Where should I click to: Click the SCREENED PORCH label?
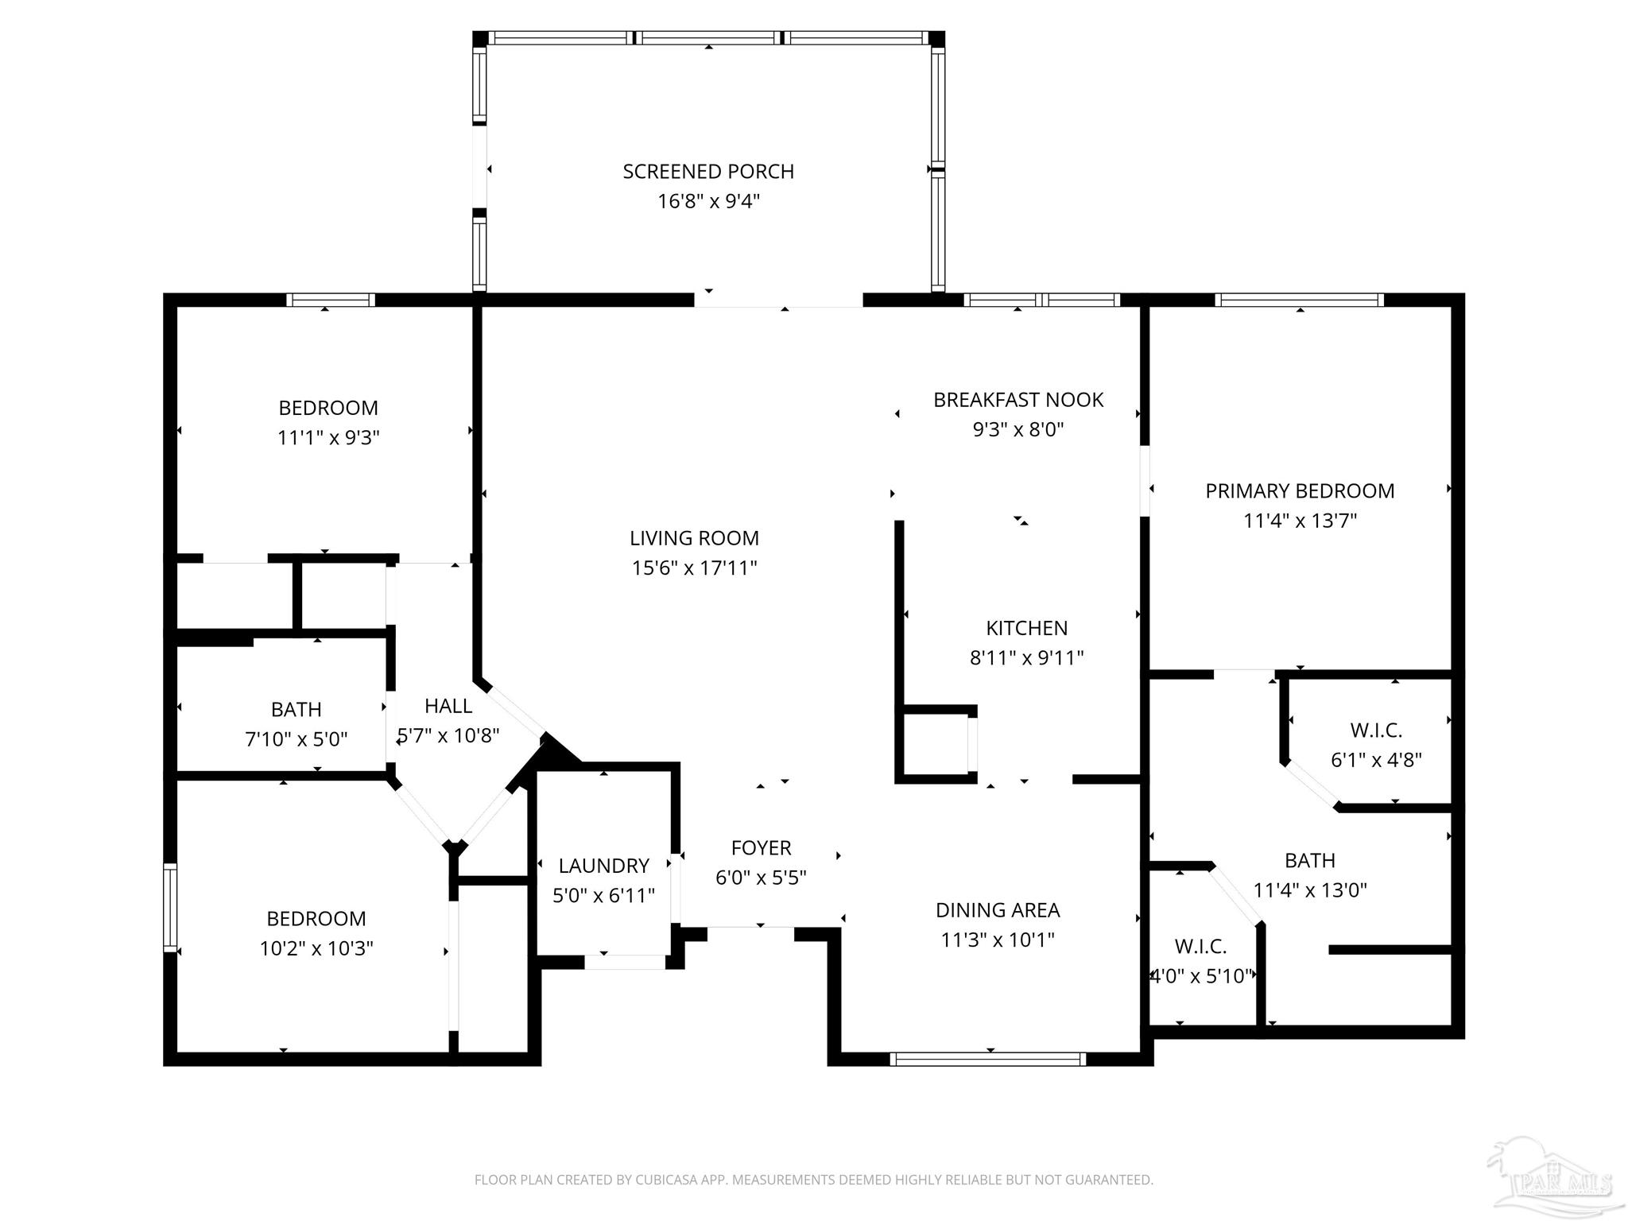click(708, 172)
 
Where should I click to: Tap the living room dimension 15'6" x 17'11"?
click(695, 568)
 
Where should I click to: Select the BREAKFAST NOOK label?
click(1018, 400)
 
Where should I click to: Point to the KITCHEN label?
click(1026, 628)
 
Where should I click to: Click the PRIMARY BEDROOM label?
click(1300, 491)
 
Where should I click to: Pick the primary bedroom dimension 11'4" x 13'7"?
click(1300, 521)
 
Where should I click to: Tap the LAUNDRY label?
click(603, 866)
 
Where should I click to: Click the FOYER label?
click(761, 848)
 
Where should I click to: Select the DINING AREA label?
click(998, 910)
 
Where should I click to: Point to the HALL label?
click(448, 706)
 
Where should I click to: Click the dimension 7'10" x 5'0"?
click(297, 739)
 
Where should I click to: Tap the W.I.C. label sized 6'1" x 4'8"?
click(1376, 731)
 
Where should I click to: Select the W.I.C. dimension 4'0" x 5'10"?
click(1202, 976)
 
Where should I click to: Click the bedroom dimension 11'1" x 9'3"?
click(328, 438)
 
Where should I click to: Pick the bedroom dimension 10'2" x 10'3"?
click(316, 948)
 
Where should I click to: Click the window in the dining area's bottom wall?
click(988, 1059)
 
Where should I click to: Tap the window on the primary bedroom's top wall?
click(1300, 300)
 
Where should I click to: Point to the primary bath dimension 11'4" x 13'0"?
click(1310, 890)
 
